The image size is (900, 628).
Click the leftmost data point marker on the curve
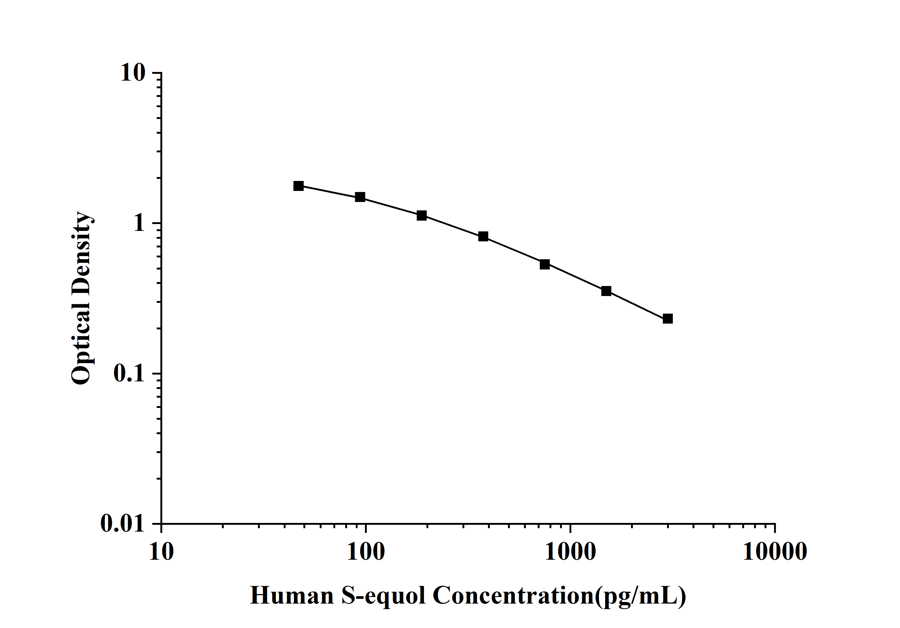[x=298, y=186]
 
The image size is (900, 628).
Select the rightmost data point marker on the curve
[x=668, y=319]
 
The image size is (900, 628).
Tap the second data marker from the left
[x=360, y=197]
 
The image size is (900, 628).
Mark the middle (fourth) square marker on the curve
[x=483, y=236]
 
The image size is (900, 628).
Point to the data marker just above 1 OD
[x=421, y=216]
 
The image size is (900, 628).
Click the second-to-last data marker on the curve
[x=606, y=291]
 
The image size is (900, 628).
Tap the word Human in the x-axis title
[x=292, y=596]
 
